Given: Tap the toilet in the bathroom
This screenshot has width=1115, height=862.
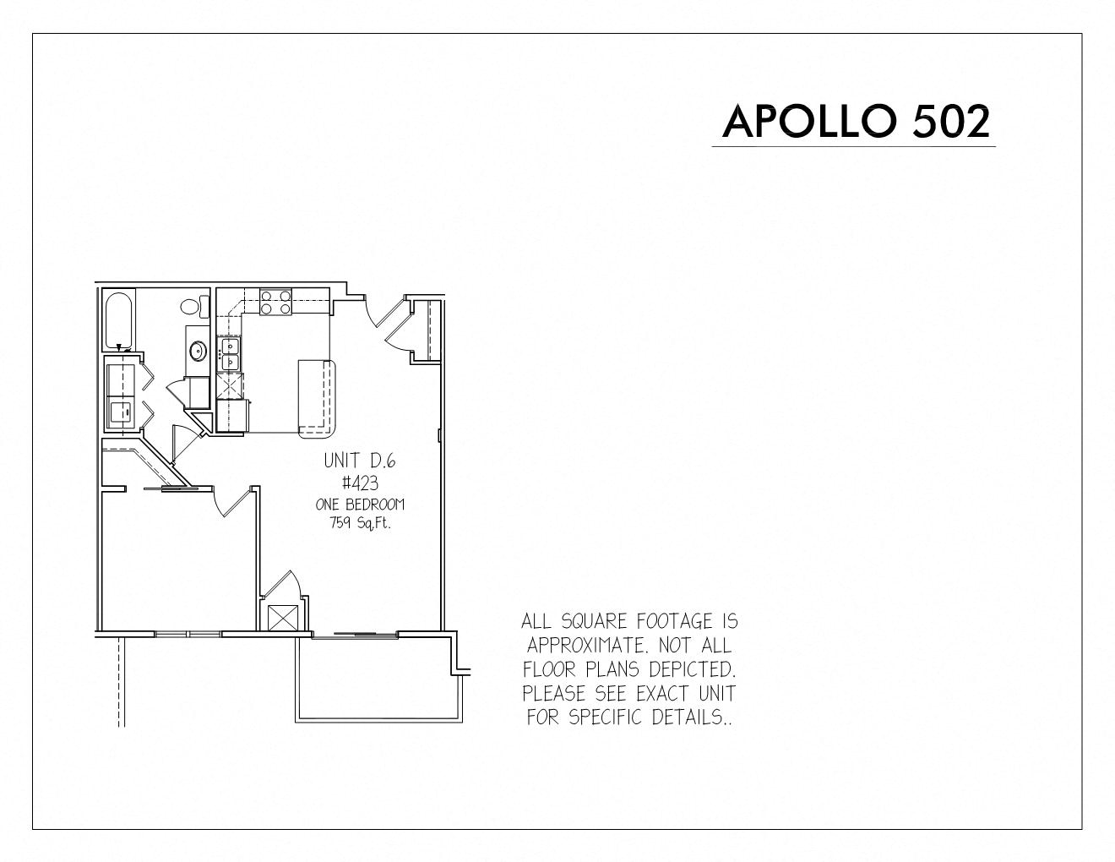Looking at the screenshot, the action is pos(194,307).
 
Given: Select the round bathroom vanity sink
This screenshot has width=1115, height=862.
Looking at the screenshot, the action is pos(198,352).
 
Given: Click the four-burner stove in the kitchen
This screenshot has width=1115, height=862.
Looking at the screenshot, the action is pos(275,302).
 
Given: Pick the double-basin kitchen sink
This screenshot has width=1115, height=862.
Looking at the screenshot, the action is pos(230,354).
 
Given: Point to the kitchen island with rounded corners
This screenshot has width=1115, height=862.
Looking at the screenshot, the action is pos(317,399).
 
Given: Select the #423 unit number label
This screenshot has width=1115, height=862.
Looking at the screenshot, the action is pos(360,483).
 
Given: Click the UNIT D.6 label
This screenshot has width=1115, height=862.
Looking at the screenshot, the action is pos(360,461).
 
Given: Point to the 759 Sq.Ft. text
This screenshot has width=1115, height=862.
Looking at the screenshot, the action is pos(360,523).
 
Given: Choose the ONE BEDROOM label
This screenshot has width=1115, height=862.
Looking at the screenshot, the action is pos(360,505).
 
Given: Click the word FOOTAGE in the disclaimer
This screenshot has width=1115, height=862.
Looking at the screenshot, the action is pos(675,622).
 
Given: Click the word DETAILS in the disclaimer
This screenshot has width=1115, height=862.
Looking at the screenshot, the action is pos(691,717).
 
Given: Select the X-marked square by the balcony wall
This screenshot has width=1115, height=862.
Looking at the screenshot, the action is pos(283,618).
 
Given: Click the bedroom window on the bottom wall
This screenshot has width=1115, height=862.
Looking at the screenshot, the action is pos(188,634).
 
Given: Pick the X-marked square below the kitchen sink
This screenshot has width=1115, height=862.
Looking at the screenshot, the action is pos(230,385).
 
